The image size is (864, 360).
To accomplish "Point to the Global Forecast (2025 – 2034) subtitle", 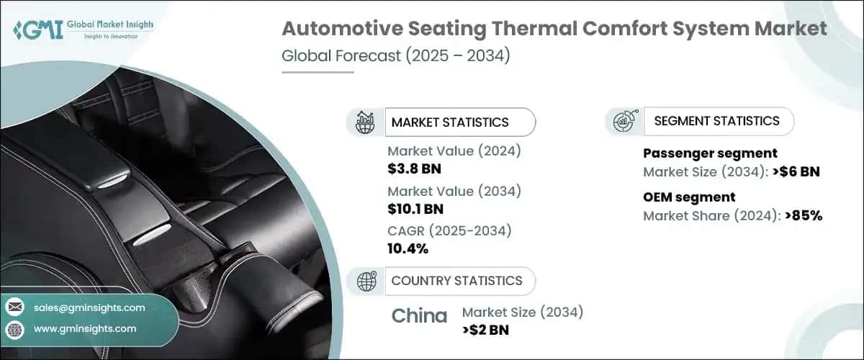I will (x=395, y=56).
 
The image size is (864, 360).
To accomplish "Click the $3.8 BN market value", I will (x=414, y=168).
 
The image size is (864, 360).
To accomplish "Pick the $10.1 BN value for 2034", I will (x=415, y=209).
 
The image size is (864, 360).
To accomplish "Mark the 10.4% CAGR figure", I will (x=408, y=249).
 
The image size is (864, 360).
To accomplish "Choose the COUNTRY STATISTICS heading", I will (x=456, y=281).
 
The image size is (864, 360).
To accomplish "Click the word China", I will (x=419, y=315).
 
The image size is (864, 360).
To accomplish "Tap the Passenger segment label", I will (x=709, y=153).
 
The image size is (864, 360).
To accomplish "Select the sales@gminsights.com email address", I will (x=89, y=307).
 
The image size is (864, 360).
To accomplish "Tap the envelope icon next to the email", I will (x=14, y=307).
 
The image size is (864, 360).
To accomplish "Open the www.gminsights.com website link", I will (x=84, y=328).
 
